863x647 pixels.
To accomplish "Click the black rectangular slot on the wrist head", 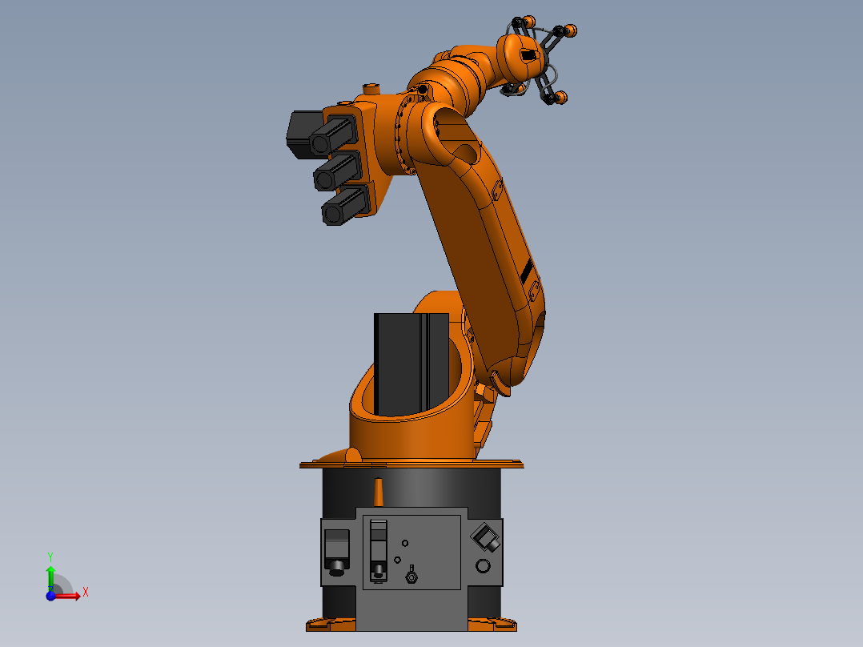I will [x=528, y=55].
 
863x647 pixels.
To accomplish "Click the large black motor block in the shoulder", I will [x=411, y=364].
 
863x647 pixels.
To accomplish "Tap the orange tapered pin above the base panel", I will [x=379, y=492].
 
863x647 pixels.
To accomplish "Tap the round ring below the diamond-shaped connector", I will [x=483, y=567].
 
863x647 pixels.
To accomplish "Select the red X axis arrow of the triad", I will [x=69, y=596].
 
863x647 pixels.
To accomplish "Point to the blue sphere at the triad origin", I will [x=50, y=596].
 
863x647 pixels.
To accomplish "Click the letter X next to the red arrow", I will [x=85, y=593].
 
